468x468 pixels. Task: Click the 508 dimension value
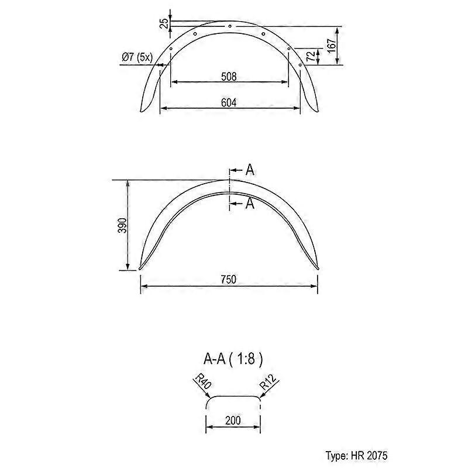(x=229, y=77)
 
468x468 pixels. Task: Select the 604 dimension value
(x=229, y=102)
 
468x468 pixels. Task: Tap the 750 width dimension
(x=229, y=280)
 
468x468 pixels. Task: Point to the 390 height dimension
(x=122, y=226)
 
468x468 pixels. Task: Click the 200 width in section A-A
(x=233, y=420)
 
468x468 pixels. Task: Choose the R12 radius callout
(x=269, y=382)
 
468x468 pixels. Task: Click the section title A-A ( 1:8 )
(x=233, y=359)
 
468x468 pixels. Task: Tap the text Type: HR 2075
(x=356, y=456)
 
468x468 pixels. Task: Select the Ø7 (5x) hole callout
(x=137, y=57)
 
